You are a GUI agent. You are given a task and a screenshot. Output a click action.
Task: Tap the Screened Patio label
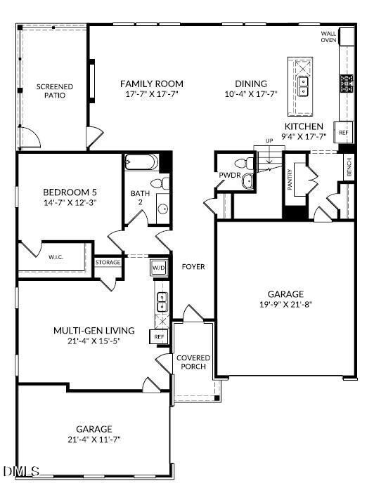coord(55,91)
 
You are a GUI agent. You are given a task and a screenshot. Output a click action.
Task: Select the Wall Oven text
coord(328,37)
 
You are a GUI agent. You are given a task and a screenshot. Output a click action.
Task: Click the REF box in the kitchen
coord(344,132)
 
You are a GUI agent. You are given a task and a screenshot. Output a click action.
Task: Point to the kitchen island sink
coord(304,86)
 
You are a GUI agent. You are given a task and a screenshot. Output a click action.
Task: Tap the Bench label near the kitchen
coord(349,166)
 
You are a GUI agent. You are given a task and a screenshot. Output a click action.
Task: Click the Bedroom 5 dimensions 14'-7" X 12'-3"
coord(70,202)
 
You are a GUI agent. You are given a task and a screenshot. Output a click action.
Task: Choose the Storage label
coord(108,263)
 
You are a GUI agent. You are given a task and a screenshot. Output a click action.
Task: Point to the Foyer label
coord(193,267)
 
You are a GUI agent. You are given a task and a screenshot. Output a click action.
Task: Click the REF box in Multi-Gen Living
coord(158,337)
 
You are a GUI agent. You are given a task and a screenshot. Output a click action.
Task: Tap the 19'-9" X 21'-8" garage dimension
coord(285,305)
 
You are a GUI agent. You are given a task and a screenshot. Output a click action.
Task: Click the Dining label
coord(251,83)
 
